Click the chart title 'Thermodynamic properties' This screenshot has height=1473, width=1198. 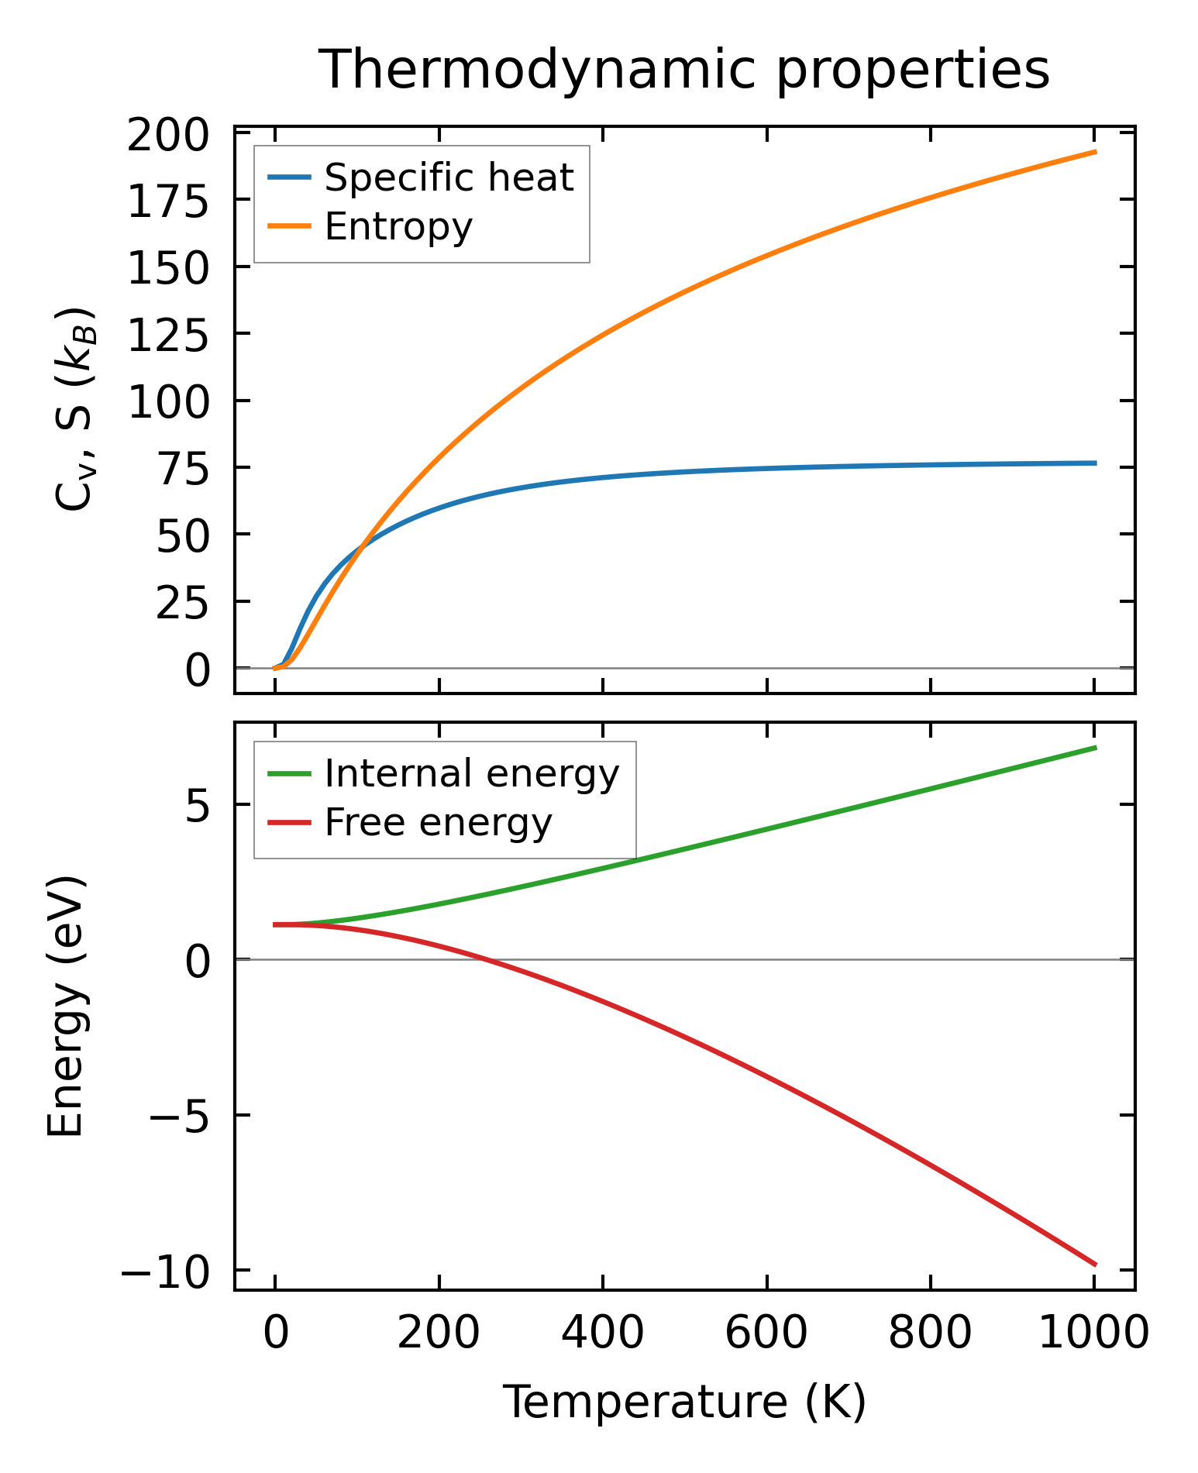[x=684, y=70]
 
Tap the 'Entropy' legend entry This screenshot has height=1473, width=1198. [x=398, y=227]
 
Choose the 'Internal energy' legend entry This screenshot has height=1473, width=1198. [x=472, y=773]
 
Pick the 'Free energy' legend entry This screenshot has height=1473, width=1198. [x=438, y=822]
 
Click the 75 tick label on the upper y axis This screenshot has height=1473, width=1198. [x=183, y=470]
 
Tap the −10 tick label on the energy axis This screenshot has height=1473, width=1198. [x=164, y=1272]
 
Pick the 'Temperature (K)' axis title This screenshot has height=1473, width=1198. [x=684, y=1402]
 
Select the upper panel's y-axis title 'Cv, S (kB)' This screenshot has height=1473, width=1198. [x=75, y=409]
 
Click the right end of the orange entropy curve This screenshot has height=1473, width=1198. [x=1095, y=152]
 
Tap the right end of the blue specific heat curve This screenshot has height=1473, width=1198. [x=1095, y=463]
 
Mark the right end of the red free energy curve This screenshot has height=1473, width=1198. [x=1095, y=1265]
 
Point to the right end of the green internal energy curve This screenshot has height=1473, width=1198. [x=1095, y=747]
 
